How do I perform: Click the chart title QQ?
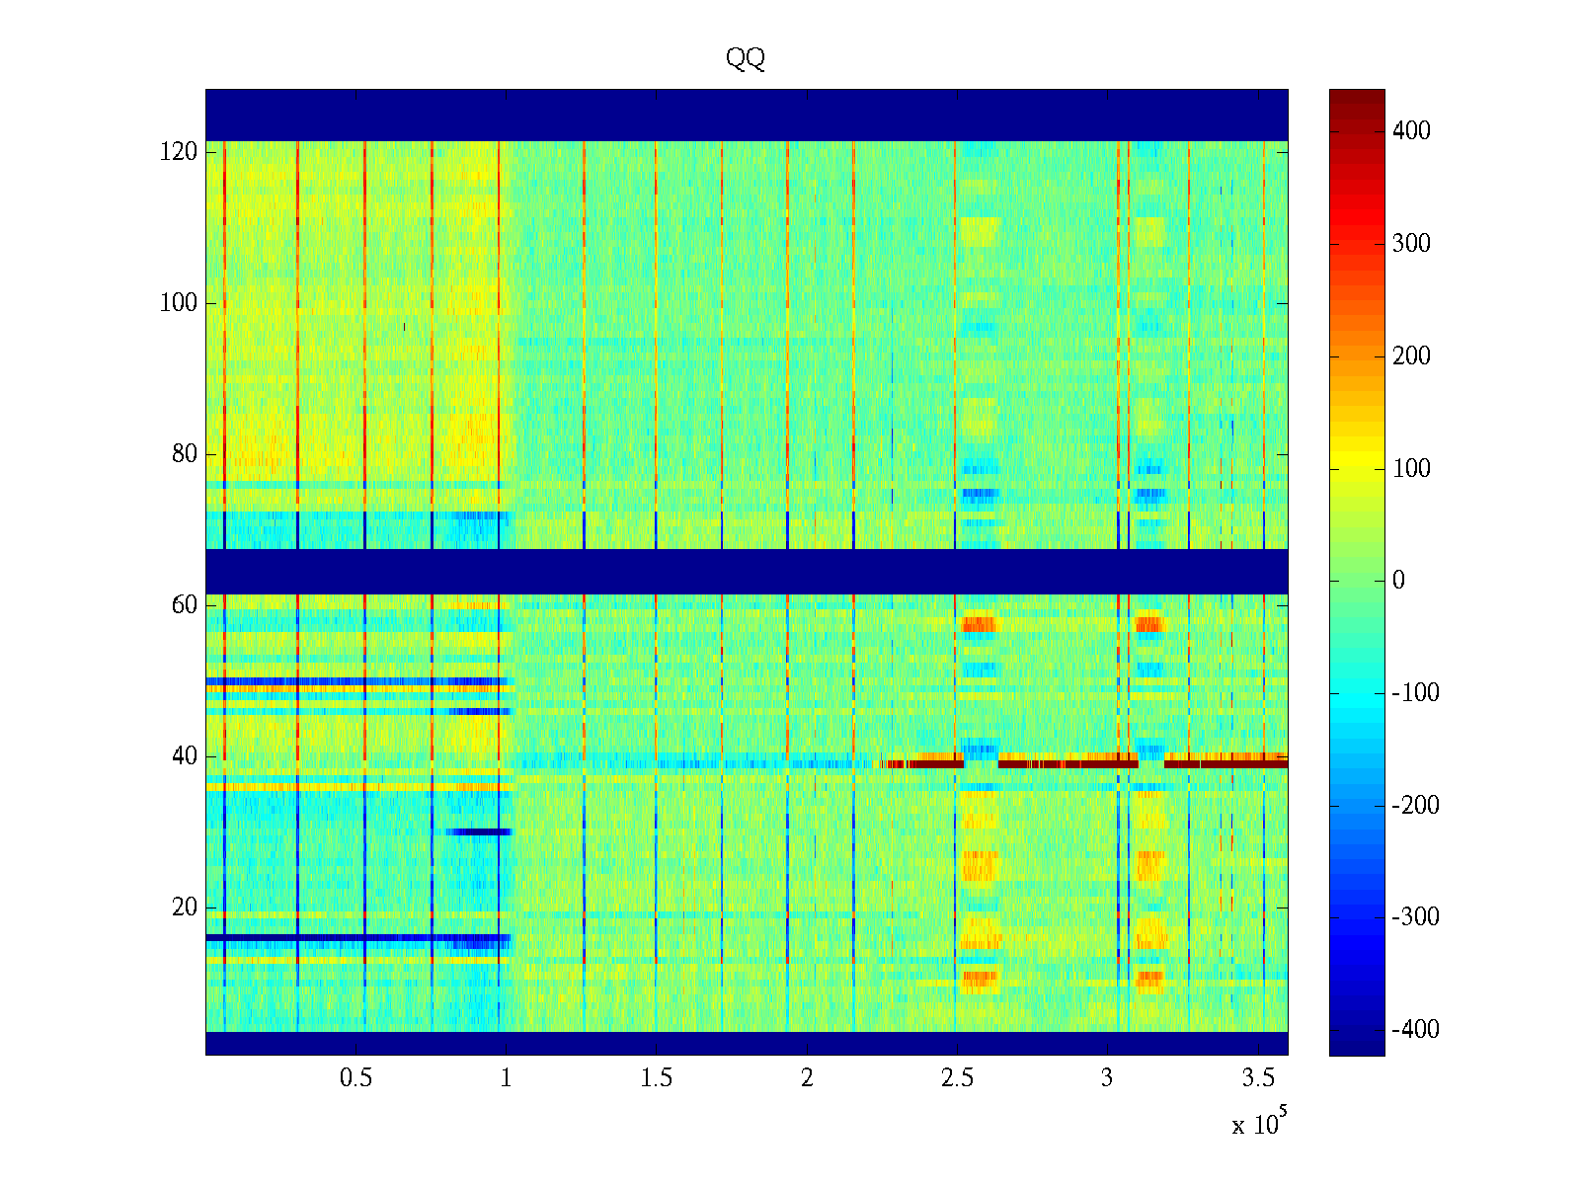coord(746,59)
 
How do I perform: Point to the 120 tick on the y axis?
coord(179,152)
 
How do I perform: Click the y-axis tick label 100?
coord(179,303)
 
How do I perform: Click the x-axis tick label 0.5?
coord(355,1078)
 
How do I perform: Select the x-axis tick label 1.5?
coord(656,1078)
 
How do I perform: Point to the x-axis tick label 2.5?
coord(957,1078)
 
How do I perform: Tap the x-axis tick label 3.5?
coord(1257,1078)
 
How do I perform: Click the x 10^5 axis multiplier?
coord(1259,1124)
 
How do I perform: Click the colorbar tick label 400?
coord(1411,131)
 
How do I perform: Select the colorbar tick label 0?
coord(1398,581)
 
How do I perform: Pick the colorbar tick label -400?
coord(1415,1030)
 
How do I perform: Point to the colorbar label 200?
coord(1411,356)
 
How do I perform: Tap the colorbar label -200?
coord(1415,806)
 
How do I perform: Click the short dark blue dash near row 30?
coord(478,831)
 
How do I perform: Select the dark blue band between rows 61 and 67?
coord(747,571)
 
